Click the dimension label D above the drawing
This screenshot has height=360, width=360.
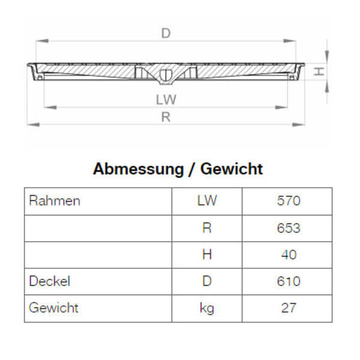(166, 34)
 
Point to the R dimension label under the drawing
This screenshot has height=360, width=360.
(166, 118)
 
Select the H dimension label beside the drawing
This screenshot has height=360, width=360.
(320, 71)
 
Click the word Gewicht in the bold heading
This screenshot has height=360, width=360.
(232, 169)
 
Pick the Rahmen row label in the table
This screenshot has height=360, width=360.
(54, 201)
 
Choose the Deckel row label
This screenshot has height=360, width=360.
(49, 281)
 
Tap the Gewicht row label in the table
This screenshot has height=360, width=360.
(53, 308)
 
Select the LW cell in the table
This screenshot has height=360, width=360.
(207, 201)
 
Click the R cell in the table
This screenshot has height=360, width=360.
(207, 228)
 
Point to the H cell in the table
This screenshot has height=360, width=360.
(207, 254)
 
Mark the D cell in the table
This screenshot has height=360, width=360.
(207, 281)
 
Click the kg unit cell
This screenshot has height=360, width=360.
(207, 308)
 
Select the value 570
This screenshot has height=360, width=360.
(289, 201)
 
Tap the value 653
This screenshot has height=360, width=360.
(289, 228)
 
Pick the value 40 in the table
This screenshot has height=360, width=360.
(289, 254)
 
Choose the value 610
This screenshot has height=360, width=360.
(289, 281)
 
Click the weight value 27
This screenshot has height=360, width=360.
(289, 308)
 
